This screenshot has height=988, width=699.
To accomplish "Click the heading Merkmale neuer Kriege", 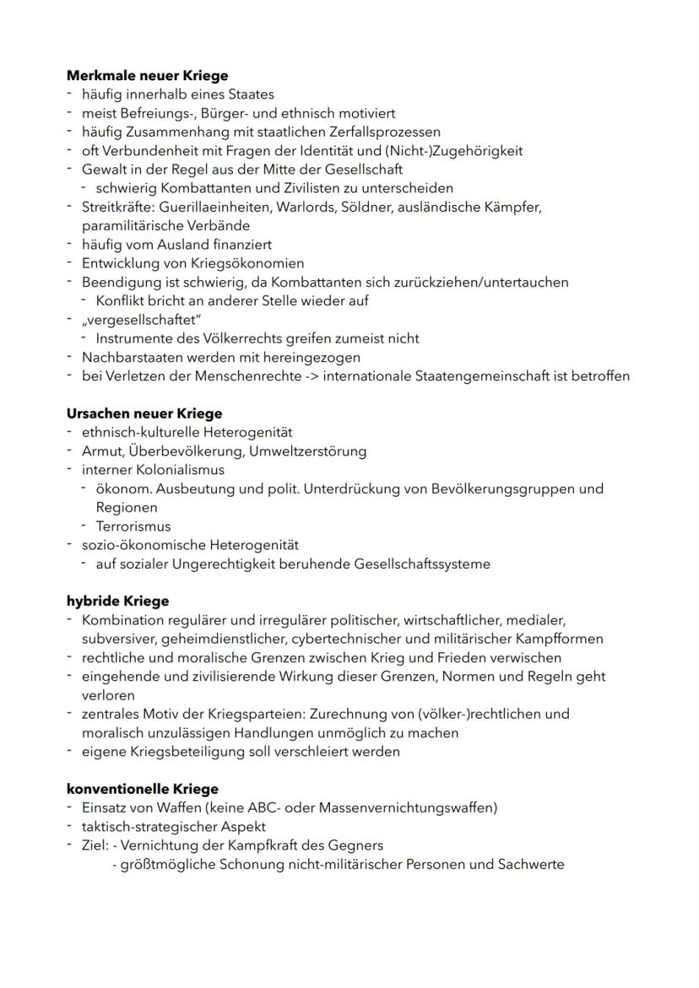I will click(x=147, y=76).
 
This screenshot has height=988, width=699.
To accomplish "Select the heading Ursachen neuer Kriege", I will click(x=144, y=413).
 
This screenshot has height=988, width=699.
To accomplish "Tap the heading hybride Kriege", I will click(x=117, y=601).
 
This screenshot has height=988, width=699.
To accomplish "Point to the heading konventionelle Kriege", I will click(x=142, y=789).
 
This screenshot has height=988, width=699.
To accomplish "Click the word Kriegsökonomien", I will click(x=252, y=263).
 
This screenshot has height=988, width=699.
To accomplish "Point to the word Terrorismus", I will click(x=133, y=526).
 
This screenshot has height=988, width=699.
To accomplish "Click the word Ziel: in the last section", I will click(x=96, y=845).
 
